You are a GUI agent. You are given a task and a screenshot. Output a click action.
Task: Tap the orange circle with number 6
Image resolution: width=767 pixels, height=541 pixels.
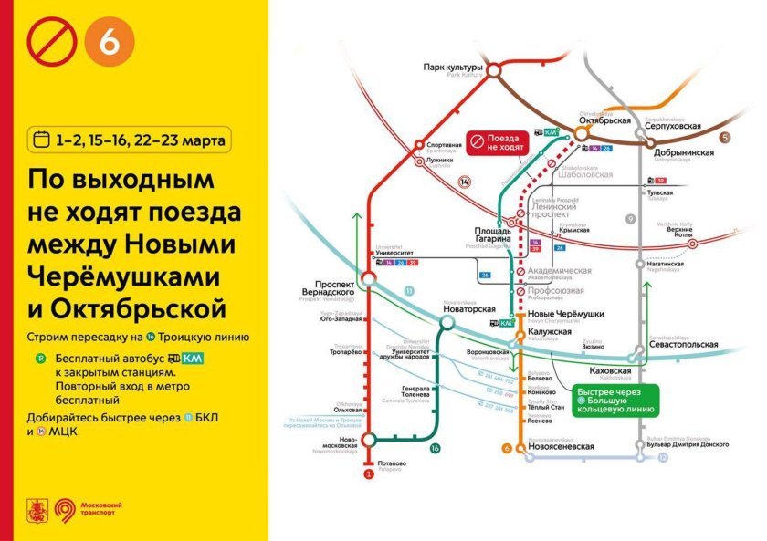[109, 43]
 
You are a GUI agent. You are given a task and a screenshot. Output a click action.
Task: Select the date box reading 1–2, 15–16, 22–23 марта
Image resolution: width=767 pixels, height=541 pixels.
[129, 140]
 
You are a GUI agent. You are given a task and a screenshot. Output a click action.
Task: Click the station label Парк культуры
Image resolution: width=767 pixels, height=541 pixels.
[453, 67]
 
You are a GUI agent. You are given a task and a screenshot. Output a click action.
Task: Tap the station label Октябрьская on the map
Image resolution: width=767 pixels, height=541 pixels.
[606, 120]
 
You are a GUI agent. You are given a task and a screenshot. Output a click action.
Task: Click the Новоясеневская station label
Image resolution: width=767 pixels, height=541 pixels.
[561, 446]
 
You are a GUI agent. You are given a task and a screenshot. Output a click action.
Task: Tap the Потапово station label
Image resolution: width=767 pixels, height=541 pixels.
[392, 463]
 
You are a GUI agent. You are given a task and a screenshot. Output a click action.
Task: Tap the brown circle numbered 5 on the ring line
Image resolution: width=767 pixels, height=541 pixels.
[726, 138]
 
